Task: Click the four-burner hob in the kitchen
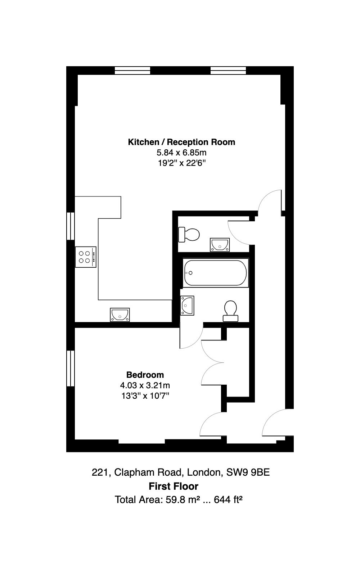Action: tap(86, 257)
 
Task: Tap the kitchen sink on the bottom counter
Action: tap(120, 315)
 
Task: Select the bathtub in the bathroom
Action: tap(215, 273)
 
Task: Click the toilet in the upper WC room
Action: tap(189, 234)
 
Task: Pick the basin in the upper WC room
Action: tap(220, 245)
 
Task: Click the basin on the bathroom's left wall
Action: tap(187, 305)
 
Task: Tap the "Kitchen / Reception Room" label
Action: tap(181, 142)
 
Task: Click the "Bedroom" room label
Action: tap(145, 375)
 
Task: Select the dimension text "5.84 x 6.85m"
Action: tap(181, 153)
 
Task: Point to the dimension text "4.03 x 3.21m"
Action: tap(145, 385)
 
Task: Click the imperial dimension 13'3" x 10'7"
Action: tap(145, 396)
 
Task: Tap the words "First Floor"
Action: tap(174, 486)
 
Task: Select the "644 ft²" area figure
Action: tap(228, 499)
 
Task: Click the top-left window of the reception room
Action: tap(132, 70)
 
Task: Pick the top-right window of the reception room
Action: tap(228, 70)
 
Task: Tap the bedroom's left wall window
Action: tap(70, 368)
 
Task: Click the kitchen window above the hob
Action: tap(70, 226)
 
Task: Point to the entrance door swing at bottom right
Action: tap(278, 422)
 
